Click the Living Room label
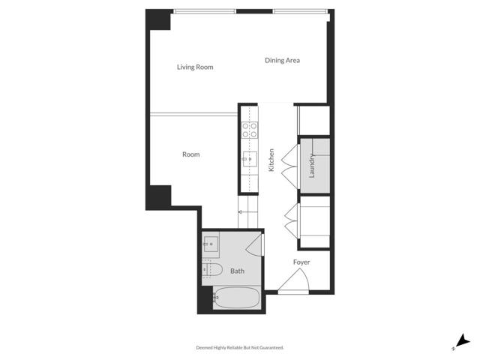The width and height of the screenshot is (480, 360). (x=195, y=67)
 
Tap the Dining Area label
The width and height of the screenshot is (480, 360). (x=282, y=61)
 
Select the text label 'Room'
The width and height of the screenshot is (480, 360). (x=191, y=154)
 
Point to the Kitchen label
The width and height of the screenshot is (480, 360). (x=271, y=160)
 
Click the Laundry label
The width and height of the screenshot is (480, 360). (x=311, y=165)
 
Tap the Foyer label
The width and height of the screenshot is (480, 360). (x=301, y=262)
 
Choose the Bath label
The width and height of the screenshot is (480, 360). (x=237, y=271)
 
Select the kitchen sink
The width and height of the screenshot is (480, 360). (x=250, y=158)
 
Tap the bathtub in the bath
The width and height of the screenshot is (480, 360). (x=236, y=298)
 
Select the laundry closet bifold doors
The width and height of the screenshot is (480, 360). (x=289, y=165)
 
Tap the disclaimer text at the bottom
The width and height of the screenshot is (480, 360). (x=240, y=348)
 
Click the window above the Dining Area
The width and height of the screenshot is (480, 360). (x=300, y=10)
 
